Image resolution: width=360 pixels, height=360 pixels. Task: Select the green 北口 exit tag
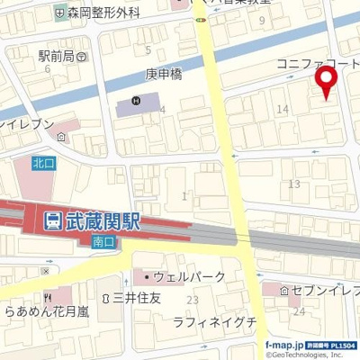point(43,163)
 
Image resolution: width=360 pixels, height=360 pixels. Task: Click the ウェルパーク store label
point(181,276)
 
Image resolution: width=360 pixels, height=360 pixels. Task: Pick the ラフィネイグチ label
point(215,321)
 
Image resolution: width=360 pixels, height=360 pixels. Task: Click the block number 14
point(283,109)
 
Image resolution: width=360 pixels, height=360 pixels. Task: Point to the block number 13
point(293,184)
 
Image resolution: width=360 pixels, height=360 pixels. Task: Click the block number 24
point(300,311)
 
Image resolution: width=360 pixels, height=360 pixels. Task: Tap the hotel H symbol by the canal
point(136,101)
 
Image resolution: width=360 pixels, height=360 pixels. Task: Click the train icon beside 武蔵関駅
point(51,219)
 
